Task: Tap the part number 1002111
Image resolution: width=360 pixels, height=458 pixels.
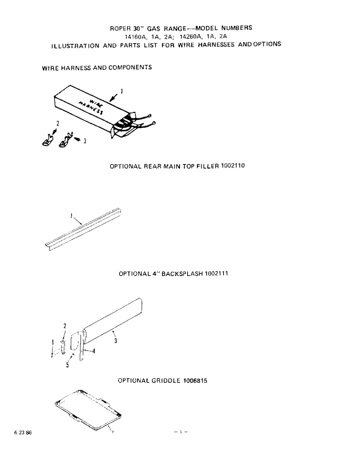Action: pos(216,273)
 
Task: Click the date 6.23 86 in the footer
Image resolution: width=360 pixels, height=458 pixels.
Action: pos(23,433)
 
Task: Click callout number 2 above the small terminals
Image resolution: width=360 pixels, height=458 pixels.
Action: pos(57,123)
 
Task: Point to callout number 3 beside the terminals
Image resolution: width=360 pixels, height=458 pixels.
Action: pos(85,141)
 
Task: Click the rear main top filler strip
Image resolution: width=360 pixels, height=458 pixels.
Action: pos(83,228)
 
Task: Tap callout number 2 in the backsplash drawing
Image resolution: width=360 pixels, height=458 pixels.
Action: pos(65,326)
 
